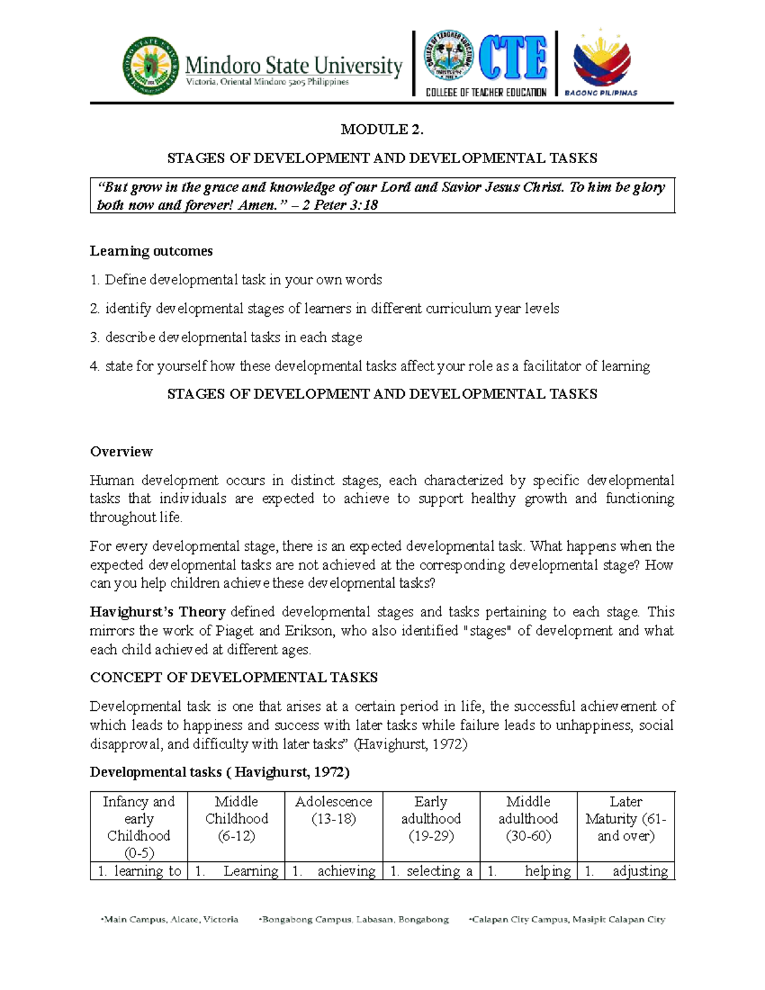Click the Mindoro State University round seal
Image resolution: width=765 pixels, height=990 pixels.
151,66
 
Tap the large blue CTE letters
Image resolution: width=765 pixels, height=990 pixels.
513,58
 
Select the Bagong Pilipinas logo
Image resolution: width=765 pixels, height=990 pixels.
602,63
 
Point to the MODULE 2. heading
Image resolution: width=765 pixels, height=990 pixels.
382,129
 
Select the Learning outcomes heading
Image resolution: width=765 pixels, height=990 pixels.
151,251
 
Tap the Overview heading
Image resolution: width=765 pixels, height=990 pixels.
121,451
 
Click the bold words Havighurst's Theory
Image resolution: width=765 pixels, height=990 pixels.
157,612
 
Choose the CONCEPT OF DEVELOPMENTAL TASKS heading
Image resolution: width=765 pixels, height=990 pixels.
233,677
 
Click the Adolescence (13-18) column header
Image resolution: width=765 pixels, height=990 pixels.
333,810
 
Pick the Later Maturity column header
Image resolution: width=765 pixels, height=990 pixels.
625,819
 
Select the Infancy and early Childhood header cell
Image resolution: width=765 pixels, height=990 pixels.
139,827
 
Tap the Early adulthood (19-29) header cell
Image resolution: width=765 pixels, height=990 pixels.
431,819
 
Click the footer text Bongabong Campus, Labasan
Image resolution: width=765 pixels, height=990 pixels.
354,919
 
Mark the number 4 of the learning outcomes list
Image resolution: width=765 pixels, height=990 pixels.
94,367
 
